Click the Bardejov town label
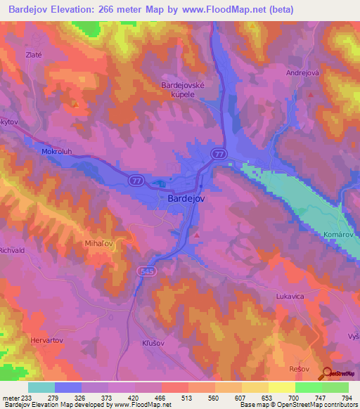click(x=186, y=200)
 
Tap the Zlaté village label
click(x=34, y=54)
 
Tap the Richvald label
click(x=12, y=249)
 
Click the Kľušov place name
click(x=149, y=343)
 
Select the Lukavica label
click(x=290, y=297)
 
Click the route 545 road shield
click(x=146, y=271)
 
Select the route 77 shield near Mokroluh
click(x=136, y=181)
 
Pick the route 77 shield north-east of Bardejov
click(x=220, y=152)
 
